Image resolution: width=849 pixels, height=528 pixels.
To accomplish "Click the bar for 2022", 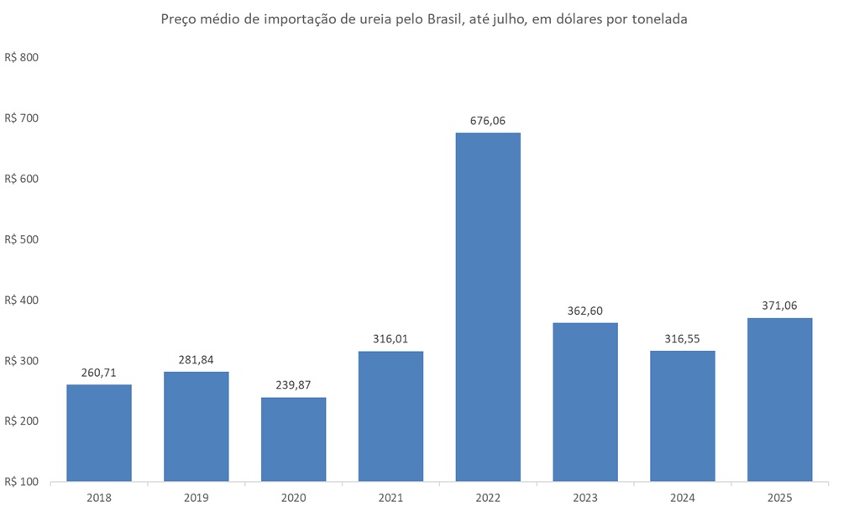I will pyautogui.click(x=488, y=307).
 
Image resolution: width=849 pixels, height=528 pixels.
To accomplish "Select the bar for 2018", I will pyautogui.click(x=99, y=433).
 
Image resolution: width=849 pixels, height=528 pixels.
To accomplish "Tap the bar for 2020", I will pyautogui.click(x=293, y=440).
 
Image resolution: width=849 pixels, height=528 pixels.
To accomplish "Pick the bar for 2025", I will pyautogui.click(x=779, y=400).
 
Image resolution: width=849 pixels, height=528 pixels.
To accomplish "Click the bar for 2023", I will pyautogui.click(x=585, y=402).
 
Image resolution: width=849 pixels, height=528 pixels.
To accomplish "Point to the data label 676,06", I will pyautogui.click(x=488, y=121).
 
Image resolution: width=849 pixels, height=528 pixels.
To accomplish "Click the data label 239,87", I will pyautogui.click(x=293, y=385).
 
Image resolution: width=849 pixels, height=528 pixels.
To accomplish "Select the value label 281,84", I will pyautogui.click(x=197, y=360).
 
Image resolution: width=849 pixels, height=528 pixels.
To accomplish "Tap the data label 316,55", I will pyautogui.click(x=682, y=338).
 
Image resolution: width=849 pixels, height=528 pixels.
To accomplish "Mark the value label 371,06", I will pyautogui.click(x=779, y=306).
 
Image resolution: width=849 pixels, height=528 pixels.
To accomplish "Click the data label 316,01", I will pyautogui.click(x=390, y=339).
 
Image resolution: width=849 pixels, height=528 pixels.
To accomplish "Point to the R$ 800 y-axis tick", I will pyautogui.click(x=23, y=58).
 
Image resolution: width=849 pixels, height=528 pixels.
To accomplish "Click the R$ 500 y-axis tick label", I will pyautogui.click(x=23, y=239).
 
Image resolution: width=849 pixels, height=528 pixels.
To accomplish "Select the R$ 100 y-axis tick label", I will pyautogui.click(x=23, y=482).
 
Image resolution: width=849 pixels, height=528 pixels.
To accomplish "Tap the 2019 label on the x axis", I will pyautogui.click(x=197, y=497).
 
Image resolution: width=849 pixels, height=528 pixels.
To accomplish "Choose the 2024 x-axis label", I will pyautogui.click(x=682, y=497).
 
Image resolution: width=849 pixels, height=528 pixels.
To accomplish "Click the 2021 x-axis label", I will pyautogui.click(x=390, y=497).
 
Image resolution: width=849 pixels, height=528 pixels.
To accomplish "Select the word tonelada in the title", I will pyautogui.click(x=659, y=20).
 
